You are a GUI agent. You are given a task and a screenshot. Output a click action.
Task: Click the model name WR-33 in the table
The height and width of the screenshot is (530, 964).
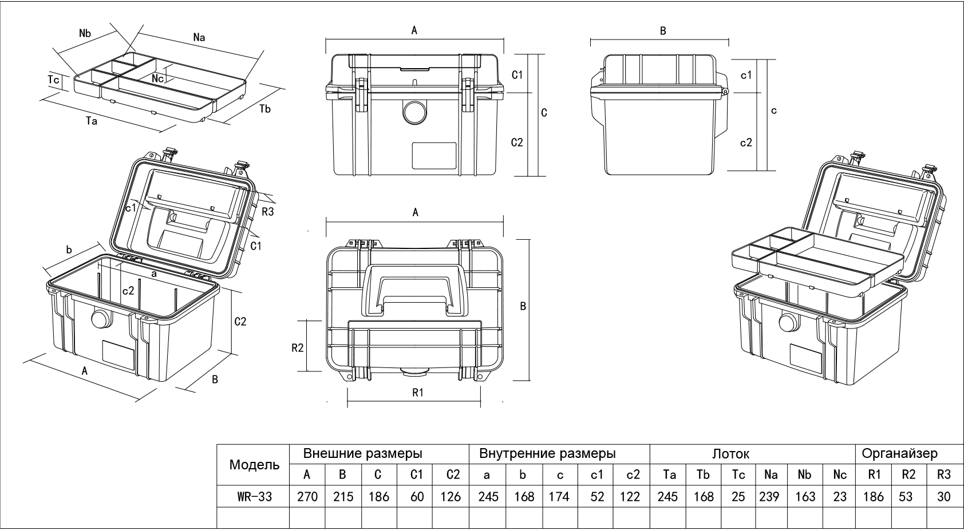254,496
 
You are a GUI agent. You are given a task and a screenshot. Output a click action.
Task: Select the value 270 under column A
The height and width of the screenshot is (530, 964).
307,496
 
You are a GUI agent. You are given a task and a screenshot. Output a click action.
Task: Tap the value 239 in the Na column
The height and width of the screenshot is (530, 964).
771,496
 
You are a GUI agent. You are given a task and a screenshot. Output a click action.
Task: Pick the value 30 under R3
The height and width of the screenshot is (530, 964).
943,496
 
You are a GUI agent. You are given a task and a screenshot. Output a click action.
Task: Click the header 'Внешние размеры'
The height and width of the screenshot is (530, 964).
362,454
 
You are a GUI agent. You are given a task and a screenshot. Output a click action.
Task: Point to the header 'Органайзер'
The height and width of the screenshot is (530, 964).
900,454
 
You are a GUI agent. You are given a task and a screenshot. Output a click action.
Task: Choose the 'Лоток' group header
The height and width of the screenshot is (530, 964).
730,454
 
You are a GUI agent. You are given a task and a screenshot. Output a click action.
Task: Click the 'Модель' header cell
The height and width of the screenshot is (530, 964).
254,465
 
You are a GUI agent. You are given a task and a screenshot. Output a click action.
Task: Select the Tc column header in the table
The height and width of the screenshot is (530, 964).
738,474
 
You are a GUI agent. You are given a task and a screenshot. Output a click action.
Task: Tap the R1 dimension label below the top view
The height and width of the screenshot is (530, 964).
417,393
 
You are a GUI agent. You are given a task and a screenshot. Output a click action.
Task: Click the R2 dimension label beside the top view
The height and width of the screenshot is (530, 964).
297,347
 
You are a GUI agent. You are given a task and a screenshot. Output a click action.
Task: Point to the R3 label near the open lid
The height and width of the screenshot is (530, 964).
267,212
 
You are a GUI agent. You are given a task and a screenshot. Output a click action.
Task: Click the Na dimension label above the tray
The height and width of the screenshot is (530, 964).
199,38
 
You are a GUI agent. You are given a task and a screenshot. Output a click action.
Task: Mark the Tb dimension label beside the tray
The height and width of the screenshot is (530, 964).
264,109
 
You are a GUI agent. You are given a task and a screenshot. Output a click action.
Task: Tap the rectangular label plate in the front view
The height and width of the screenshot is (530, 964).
434,156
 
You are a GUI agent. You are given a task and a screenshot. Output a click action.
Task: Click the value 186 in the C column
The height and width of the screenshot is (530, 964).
378,496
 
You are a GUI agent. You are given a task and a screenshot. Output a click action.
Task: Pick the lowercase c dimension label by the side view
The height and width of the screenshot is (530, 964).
774,110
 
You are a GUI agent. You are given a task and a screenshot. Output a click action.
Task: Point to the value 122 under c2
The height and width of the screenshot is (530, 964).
630,496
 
